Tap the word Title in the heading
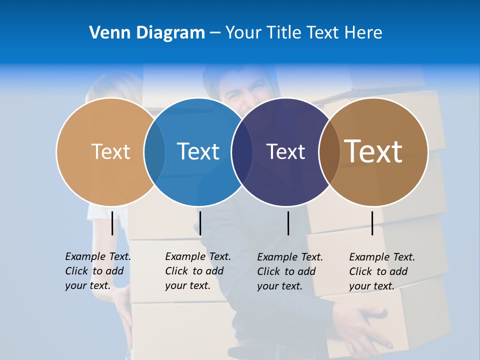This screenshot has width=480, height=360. tap(284, 32)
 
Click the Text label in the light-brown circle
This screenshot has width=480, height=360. tap(110, 151)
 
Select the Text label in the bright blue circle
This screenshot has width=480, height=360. tap(198, 151)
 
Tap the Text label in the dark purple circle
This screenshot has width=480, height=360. tap(285, 151)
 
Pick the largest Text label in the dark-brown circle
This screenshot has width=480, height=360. tap(373, 151)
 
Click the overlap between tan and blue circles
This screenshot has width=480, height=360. tap(154, 152)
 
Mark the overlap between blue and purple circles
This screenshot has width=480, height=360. tap(242, 152)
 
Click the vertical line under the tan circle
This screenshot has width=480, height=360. tap(112, 223)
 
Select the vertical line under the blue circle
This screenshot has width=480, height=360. tap(200, 223)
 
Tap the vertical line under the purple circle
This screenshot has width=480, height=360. tap(288, 223)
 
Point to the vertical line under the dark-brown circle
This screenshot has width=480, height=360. tap(372, 223)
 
